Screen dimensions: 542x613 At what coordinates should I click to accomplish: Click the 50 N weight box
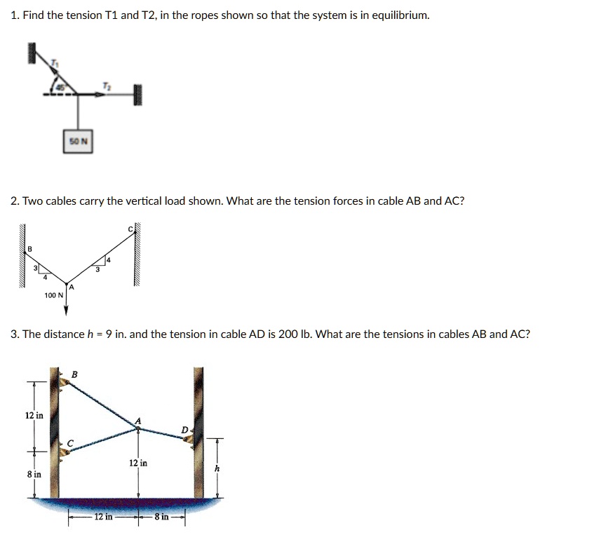pyautogui.click(x=79, y=142)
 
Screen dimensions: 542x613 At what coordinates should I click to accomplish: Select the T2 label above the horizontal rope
pyautogui.click(x=107, y=85)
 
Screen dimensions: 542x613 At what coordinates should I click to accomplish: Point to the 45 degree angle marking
pyautogui.click(x=60, y=88)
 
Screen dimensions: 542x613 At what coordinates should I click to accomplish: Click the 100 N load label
pyautogui.click(x=53, y=296)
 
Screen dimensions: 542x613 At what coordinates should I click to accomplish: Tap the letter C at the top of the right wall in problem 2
pyautogui.click(x=130, y=229)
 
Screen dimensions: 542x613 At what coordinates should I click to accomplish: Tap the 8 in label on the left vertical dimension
pyautogui.click(x=34, y=475)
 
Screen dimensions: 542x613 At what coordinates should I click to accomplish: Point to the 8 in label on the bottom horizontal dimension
pyautogui.click(x=161, y=517)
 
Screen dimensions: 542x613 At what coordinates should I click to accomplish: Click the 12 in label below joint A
pyautogui.click(x=138, y=463)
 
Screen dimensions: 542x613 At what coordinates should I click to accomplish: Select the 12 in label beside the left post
pyautogui.click(x=34, y=415)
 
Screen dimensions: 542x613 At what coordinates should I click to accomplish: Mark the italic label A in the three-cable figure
pyautogui.click(x=138, y=420)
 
